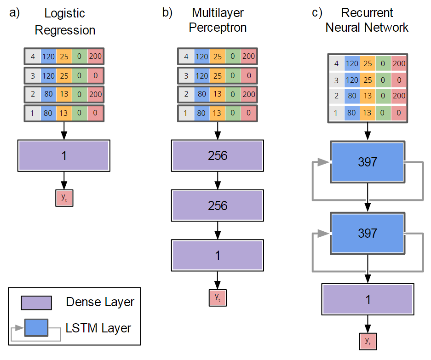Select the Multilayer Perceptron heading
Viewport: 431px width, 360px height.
pyautogui.click(x=218, y=20)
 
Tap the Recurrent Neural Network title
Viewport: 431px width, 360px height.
pyautogui.click(x=367, y=20)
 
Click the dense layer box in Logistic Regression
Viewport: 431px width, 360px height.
pyautogui.click(x=64, y=156)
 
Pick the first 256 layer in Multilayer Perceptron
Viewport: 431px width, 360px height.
pyautogui.click(x=218, y=155)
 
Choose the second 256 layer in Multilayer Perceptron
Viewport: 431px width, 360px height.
pyautogui.click(x=218, y=205)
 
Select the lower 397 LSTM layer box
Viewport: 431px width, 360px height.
pyautogui.click(x=367, y=233)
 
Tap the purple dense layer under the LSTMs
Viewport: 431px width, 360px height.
pyautogui.click(x=367, y=299)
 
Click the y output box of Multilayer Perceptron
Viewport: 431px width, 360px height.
pyautogui.click(x=218, y=297)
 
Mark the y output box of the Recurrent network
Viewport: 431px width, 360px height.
pyautogui.click(x=368, y=341)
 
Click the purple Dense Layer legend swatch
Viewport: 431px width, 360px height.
pyautogui.click(x=36, y=303)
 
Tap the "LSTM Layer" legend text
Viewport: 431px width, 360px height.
pyautogui.click(x=98, y=328)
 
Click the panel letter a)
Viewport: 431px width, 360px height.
pyautogui.click(x=14, y=12)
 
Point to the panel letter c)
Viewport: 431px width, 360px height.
pyautogui.click(x=317, y=12)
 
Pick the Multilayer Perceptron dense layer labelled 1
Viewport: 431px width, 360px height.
pyautogui.click(x=218, y=255)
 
